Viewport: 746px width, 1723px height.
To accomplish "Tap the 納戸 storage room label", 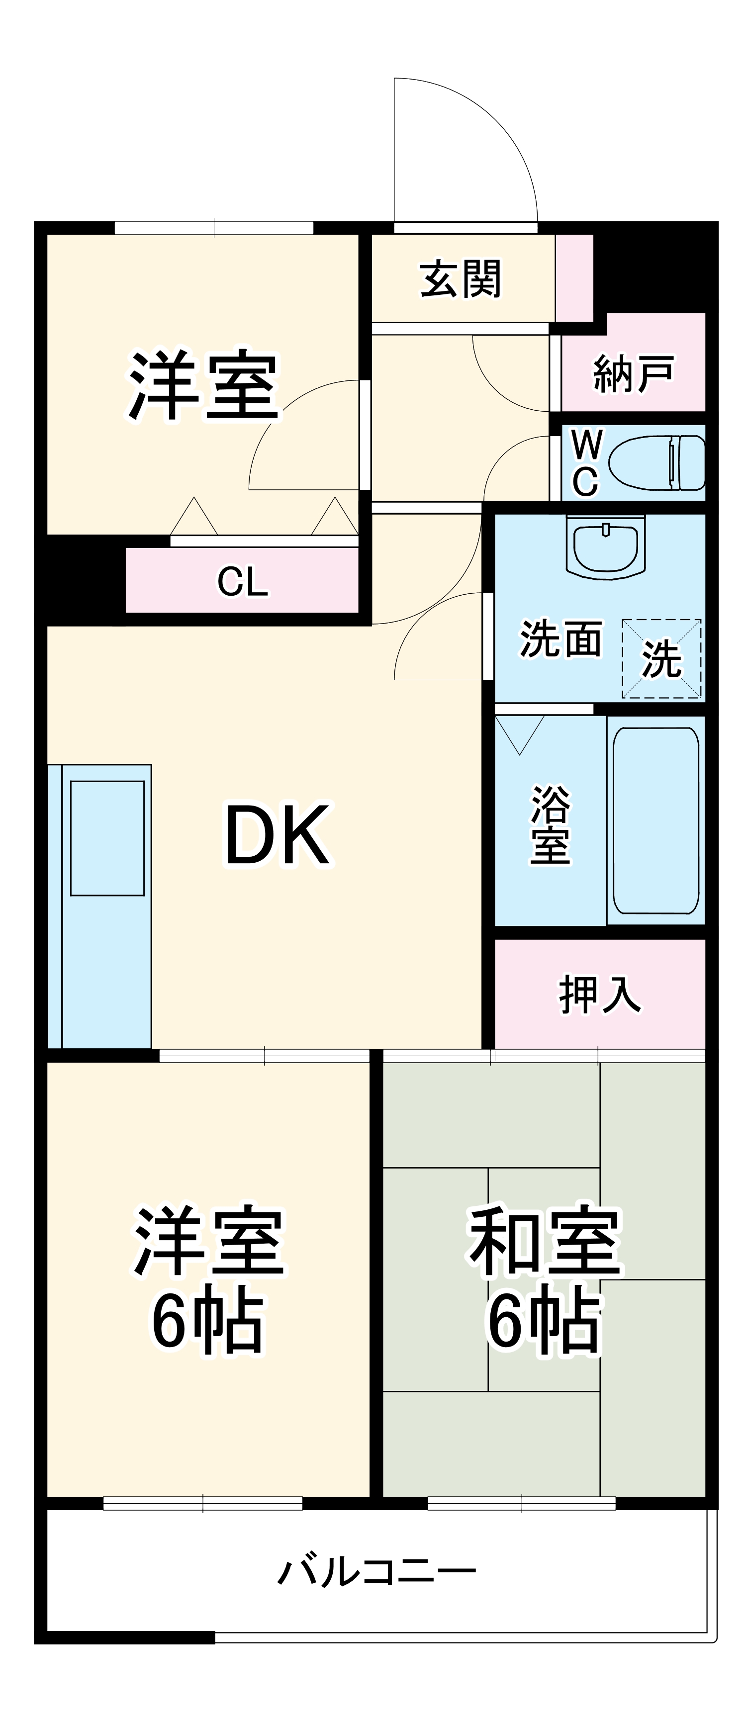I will [633, 374].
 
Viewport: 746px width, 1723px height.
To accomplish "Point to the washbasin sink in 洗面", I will [605, 545].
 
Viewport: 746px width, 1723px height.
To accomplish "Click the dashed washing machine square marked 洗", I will [661, 659].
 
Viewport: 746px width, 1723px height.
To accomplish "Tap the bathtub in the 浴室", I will [655, 820].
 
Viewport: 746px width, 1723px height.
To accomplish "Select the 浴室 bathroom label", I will [551, 825].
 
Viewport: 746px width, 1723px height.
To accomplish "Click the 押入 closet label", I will [599, 995].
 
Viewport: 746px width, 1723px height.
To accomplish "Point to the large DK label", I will [277, 835].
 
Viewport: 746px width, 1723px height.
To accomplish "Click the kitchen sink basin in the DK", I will [107, 837].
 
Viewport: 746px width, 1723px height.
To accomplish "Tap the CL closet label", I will [242, 581].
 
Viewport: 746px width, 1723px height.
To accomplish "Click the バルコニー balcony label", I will [376, 1571].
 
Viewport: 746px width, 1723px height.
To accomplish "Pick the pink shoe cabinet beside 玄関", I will [574, 277].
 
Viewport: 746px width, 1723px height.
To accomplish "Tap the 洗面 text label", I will [560, 639].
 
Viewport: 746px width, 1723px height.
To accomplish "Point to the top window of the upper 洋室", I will [214, 227].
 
